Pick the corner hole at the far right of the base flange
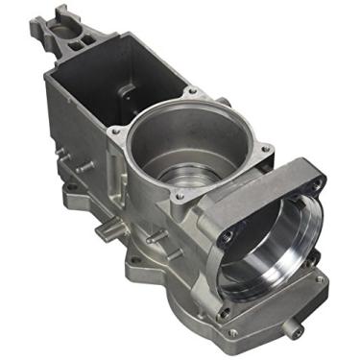pyautogui.click(x=321, y=278)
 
